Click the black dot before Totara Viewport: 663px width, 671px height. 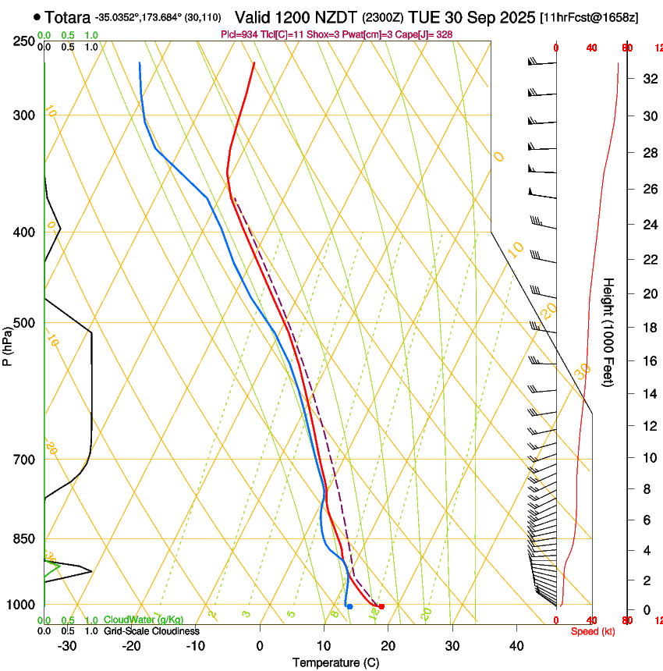(37, 16)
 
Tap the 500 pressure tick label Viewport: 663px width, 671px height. (23, 323)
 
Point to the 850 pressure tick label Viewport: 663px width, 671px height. (23, 539)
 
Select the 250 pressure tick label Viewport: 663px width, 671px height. (23, 41)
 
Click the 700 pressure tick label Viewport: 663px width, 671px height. (23, 460)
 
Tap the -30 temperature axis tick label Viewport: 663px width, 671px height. (67, 646)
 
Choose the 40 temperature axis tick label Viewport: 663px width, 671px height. (516, 646)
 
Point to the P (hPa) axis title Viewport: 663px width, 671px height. (8, 344)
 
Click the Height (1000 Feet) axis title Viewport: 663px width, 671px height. (609, 332)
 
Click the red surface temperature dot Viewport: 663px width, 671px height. (381, 606)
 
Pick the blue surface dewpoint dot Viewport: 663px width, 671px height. (349, 606)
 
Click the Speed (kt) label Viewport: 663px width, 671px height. (593, 631)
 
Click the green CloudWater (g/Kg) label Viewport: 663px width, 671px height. (144, 620)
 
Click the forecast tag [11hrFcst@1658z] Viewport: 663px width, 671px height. (588, 17)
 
